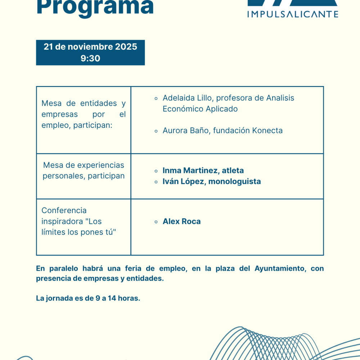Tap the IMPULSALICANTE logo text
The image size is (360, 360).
coord(293,14)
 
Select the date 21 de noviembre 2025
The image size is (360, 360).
coord(90,47)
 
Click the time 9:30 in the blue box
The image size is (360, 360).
coord(90,58)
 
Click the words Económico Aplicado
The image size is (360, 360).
coord(200,109)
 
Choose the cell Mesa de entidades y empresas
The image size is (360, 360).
coord(84,114)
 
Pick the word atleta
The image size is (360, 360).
coord(233,171)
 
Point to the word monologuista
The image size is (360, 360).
coord(235,181)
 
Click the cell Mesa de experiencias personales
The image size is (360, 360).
coord(84,171)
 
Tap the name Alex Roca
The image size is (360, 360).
coord(182,221)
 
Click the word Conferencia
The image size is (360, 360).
coord(64,210)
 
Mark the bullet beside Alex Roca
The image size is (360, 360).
coord(156,222)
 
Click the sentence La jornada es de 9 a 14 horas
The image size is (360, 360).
coord(88,298)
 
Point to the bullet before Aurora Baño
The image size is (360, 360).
coord(156,131)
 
